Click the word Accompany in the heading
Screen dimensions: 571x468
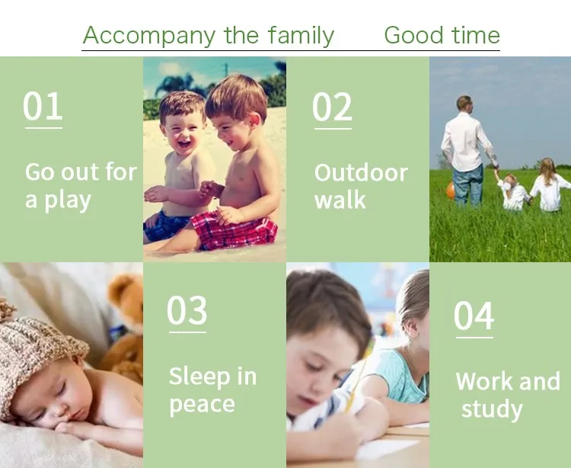click(x=149, y=36)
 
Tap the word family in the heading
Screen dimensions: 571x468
click(x=301, y=35)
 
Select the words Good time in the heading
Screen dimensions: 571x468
click(x=442, y=35)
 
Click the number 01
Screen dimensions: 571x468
click(x=43, y=106)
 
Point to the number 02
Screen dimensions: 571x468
click(x=332, y=107)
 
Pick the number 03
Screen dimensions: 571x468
click(x=187, y=310)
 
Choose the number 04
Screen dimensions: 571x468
click(x=474, y=316)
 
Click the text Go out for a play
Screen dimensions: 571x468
click(x=81, y=186)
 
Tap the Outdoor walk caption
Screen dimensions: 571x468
click(x=361, y=186)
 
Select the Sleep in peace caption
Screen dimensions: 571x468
click(x=212, y=391)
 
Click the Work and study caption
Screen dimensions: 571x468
click(x=508, y=396)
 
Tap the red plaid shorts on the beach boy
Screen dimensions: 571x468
click(x=235, y=231)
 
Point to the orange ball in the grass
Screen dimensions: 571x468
click(x=451, y=191)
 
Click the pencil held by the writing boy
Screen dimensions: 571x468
click(x=360, y=376)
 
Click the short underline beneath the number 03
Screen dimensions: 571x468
click(x=187, y=332)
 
